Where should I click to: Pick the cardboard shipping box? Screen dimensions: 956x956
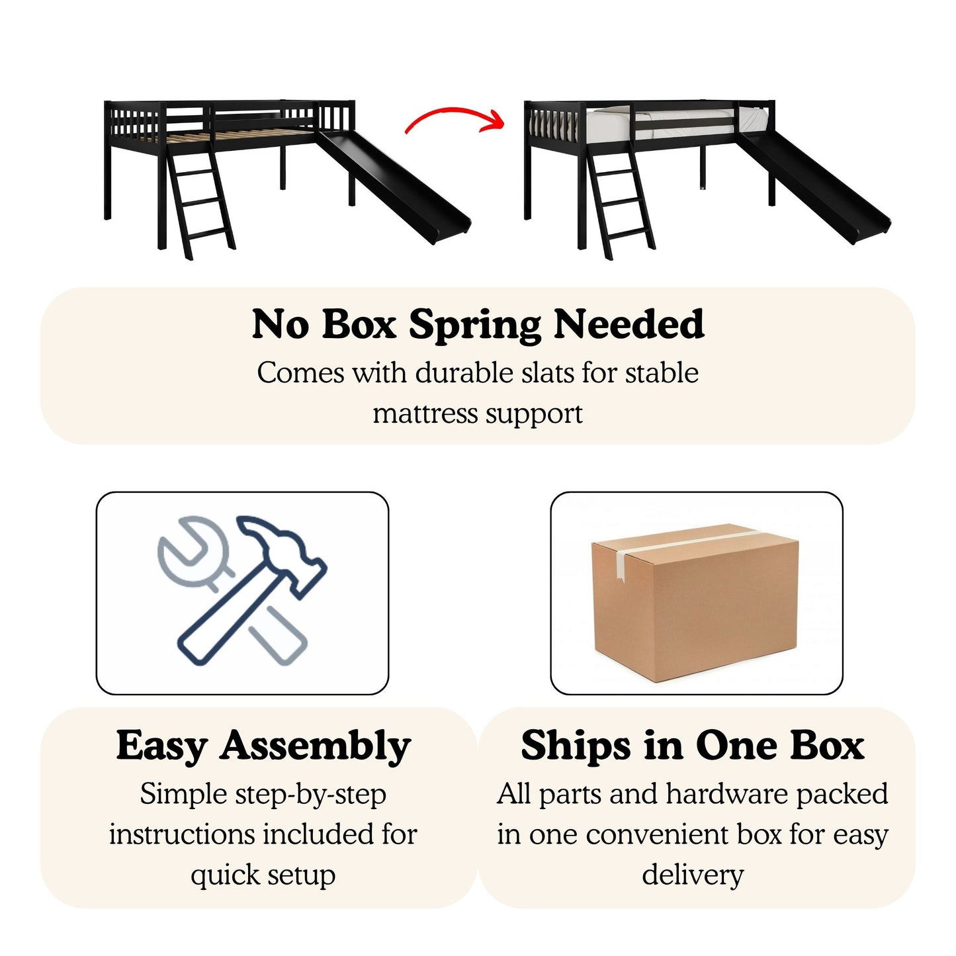(695, 602)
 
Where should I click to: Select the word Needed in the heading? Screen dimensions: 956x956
(629, 324)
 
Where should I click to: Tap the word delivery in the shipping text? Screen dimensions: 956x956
(693, 875)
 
